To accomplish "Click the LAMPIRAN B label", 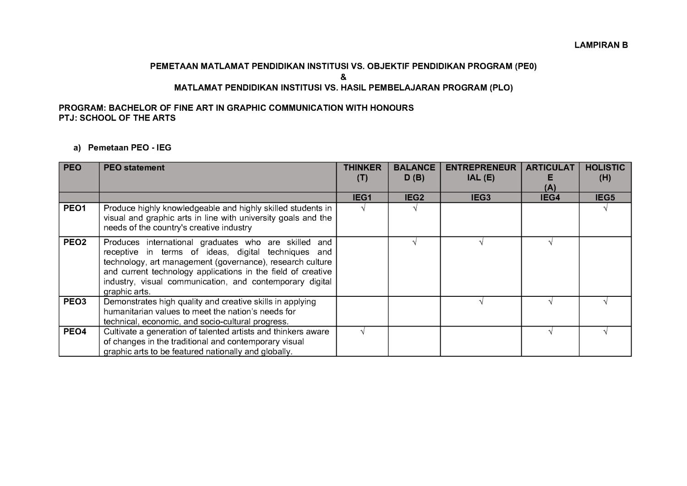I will click(601, 45).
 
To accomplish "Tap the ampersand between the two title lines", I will click(343, 77).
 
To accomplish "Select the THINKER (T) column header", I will click(362, 173).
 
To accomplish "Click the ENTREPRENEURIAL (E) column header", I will click(480, 173).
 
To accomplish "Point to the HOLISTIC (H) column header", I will click(605, 173).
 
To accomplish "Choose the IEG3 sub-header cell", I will click(480, 198).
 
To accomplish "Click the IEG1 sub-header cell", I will click(362, 198).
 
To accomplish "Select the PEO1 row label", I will click(75, 208).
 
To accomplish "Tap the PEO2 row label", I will click(75, 242).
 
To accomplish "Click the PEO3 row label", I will click(75, 302).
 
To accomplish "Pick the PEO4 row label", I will click(75, 332).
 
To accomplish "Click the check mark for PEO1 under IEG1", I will click(362, 208).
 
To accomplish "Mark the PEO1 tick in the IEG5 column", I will click(605, 208).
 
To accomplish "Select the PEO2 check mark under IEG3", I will click(481, 243).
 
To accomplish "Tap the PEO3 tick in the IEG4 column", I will click(550, 302).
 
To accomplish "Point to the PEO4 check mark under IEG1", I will click(362, 332).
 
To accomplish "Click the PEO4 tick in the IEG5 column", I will click(605, 332).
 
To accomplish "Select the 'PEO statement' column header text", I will click(134, 168).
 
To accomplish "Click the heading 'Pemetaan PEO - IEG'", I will click(130, 147).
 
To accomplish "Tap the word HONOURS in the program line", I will click(393, 108).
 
